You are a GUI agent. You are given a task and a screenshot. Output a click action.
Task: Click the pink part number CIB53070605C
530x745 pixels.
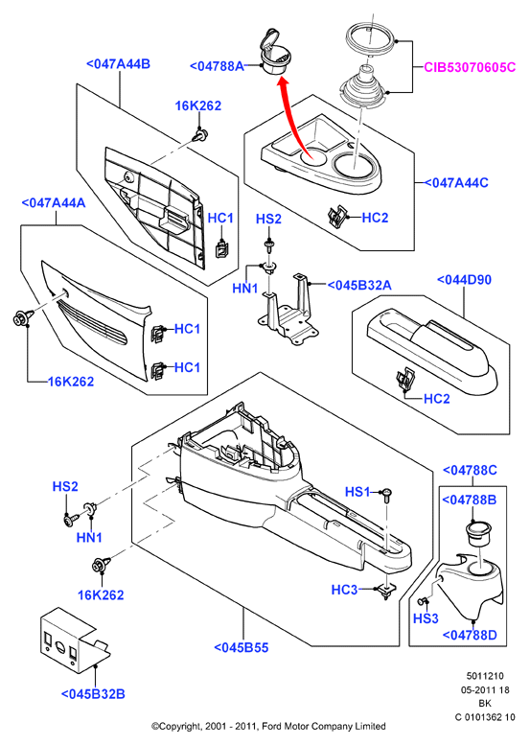click(x=470, y=67)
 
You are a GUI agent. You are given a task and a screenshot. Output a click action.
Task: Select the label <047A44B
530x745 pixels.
click(x=118, y=63)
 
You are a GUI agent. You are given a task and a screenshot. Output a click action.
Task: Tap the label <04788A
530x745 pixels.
click(x=217, y=66)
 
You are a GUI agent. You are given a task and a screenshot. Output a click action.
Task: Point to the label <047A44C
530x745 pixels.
click(x=455, y=182)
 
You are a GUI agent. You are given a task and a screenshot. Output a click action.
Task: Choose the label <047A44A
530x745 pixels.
click(x=54, y=203)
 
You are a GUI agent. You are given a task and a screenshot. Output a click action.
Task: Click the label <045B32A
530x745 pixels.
click(x=359, y=285)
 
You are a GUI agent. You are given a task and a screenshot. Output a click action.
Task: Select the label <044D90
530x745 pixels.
click(x=464, y=279)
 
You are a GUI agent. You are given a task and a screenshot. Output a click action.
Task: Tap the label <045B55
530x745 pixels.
click(x=242, y=647)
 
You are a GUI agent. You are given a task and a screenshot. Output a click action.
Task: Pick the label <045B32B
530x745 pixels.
click(x=93, y=693)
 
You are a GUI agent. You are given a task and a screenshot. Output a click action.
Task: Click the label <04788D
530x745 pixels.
click(x=470, y=635)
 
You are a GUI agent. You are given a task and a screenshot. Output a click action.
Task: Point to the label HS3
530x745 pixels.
click(x=426, y=618)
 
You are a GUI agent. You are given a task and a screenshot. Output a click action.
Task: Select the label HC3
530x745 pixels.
click(x=344, y=590)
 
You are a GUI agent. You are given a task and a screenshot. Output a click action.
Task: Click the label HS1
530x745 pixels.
click(x=357, y=492)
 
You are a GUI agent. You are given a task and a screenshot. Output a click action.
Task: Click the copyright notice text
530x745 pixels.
click(x=268, y=726)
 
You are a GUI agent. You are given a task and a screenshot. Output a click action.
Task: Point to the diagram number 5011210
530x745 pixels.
click(x=485, y=676)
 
